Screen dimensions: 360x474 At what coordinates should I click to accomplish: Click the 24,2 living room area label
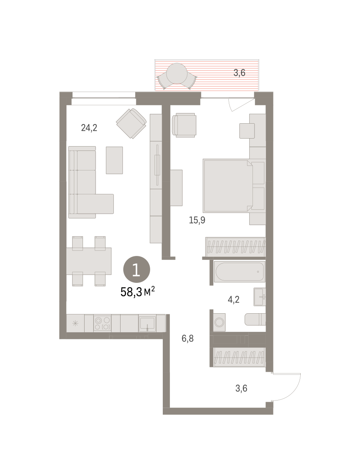[x=89, y=128]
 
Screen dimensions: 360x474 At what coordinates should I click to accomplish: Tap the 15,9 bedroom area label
[x=197, y=220]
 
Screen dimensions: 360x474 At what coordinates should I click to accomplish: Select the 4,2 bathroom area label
[x=234, y=299]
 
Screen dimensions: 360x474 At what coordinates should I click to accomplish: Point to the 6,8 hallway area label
[x=187, y=339]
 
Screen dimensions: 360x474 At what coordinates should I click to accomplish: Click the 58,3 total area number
[x=131, y=292]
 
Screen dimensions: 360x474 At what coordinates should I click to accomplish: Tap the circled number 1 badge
[x=136, y=269]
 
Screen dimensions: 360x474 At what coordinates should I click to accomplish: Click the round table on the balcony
[x=177, y=73]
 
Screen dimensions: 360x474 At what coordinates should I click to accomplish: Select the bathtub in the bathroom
[x=239, y=272]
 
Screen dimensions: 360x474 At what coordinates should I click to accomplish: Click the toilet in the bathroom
[x=255, y=319]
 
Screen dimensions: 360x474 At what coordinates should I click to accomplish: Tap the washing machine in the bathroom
[x=219, y=322]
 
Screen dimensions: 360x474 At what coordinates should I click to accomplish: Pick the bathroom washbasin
[x=260, y=297]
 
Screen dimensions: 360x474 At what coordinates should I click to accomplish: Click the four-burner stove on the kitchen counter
[x=102, y=323]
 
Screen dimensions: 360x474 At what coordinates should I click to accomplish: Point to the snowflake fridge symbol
[x=75, y=324]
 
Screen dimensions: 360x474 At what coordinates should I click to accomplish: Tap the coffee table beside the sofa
[x=114, y=160]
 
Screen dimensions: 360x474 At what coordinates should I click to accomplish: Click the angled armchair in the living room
[x=131, y=124]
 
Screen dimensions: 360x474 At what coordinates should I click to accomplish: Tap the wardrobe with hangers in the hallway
[x=239, y=357]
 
